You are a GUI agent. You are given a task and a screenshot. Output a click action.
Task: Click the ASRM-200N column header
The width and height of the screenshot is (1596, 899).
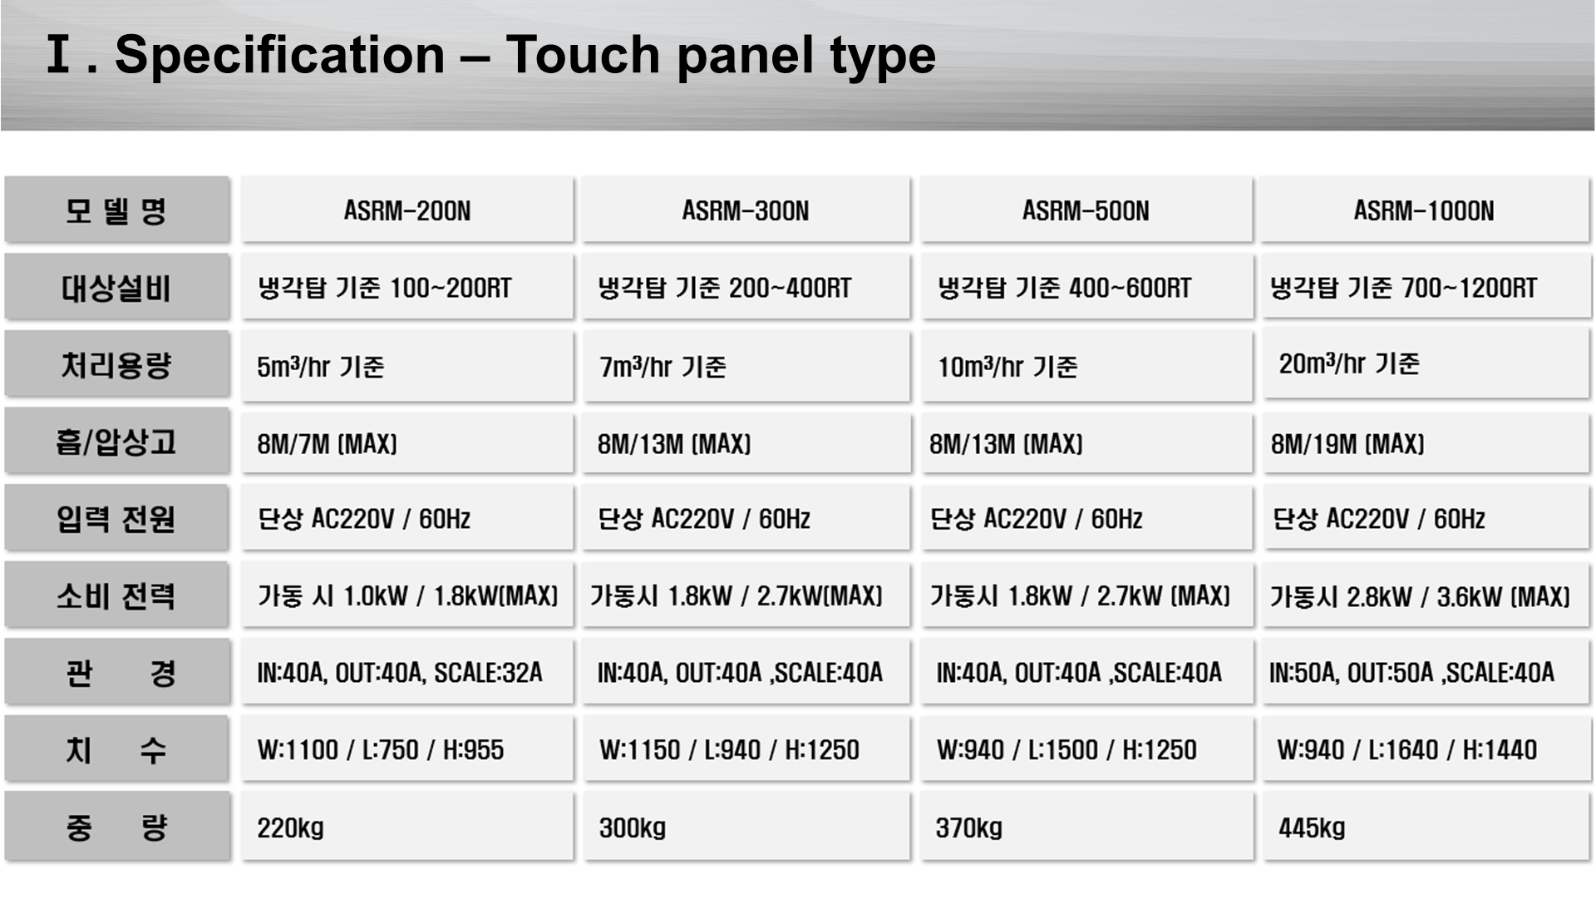[407, 210]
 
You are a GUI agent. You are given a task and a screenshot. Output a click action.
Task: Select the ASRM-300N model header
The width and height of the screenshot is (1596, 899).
[746, 210]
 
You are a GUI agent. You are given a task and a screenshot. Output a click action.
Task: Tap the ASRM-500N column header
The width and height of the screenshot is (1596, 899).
[1086, 210]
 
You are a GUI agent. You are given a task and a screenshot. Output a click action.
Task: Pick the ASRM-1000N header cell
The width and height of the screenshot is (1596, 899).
[1425, 210]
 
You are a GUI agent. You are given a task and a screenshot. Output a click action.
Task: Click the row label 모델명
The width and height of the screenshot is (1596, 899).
[116, 210]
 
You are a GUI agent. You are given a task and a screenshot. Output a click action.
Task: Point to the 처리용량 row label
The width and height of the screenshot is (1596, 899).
[116, 364]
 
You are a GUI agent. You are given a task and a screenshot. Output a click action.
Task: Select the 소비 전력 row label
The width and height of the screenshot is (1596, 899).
[116, 595]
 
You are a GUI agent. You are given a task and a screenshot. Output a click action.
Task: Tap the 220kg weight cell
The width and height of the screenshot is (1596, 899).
[407, 827]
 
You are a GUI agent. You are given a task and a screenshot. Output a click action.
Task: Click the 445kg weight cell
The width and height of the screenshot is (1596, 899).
[1425, 827]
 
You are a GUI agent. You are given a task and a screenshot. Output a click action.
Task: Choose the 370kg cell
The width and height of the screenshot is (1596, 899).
[1086, 827]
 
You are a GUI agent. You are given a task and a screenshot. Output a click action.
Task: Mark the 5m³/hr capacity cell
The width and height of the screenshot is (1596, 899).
[407, 366]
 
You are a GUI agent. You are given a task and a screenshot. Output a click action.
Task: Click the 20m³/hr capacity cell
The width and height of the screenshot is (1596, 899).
[1425, 364]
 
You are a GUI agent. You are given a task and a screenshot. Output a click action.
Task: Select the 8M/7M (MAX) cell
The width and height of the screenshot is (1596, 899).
[407, 442]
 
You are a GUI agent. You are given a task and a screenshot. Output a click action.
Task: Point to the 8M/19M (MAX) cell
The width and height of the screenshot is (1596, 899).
[1425, 442]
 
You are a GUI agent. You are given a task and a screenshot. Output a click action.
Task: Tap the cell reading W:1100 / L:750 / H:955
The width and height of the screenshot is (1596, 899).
[407, 748]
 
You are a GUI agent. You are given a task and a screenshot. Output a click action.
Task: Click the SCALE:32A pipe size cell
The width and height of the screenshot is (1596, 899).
[407, 672]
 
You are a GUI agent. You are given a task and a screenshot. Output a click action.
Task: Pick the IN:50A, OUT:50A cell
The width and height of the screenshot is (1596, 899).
[1425, 672]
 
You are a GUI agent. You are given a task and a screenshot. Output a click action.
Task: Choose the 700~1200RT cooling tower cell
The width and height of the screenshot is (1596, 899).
[1425, 287]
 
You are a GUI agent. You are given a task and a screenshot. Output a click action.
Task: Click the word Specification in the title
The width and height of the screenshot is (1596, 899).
[280, 56]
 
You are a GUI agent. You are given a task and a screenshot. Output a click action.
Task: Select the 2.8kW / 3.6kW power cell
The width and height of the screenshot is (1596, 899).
[1425, 595]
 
